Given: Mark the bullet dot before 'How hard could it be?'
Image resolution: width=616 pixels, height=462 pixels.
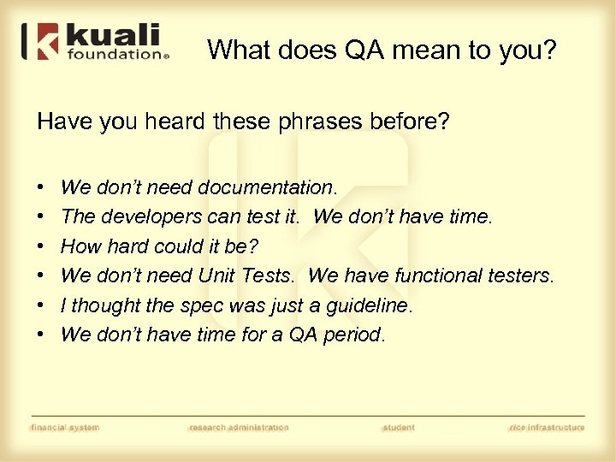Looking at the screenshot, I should (42, 246).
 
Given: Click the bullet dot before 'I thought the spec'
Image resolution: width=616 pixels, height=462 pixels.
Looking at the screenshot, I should (42, 305).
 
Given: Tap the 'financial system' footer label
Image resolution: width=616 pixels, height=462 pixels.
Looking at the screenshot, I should (65, 427).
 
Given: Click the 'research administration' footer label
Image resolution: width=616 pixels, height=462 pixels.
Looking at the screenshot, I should (239, 427).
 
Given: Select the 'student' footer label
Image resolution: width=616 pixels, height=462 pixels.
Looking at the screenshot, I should (399, 427).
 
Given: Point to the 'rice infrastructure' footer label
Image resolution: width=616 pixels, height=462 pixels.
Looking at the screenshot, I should (547, 427).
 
